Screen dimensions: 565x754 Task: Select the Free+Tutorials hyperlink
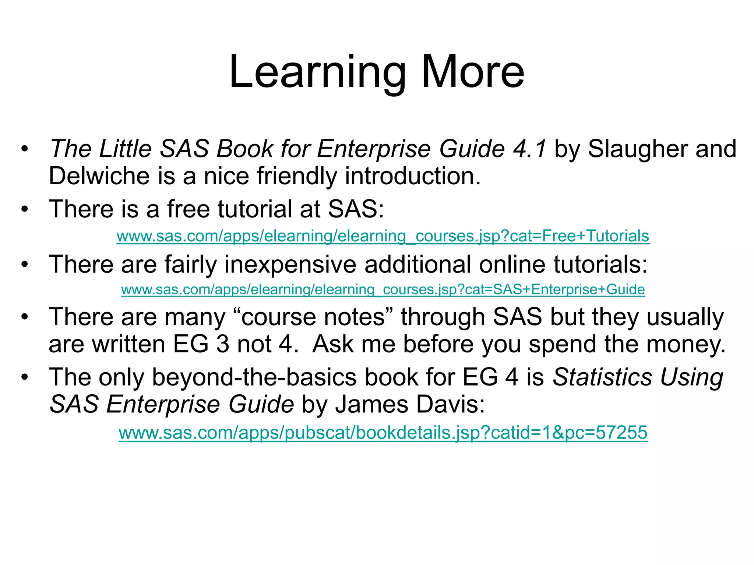(383, 236)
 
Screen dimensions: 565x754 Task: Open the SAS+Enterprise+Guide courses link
(383, 289)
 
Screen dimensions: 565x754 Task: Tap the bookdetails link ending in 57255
(383, 432)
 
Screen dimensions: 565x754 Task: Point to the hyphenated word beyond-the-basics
(254, 377)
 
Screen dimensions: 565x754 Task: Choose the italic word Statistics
(602, 377)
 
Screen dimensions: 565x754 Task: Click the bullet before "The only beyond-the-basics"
(25, 377)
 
